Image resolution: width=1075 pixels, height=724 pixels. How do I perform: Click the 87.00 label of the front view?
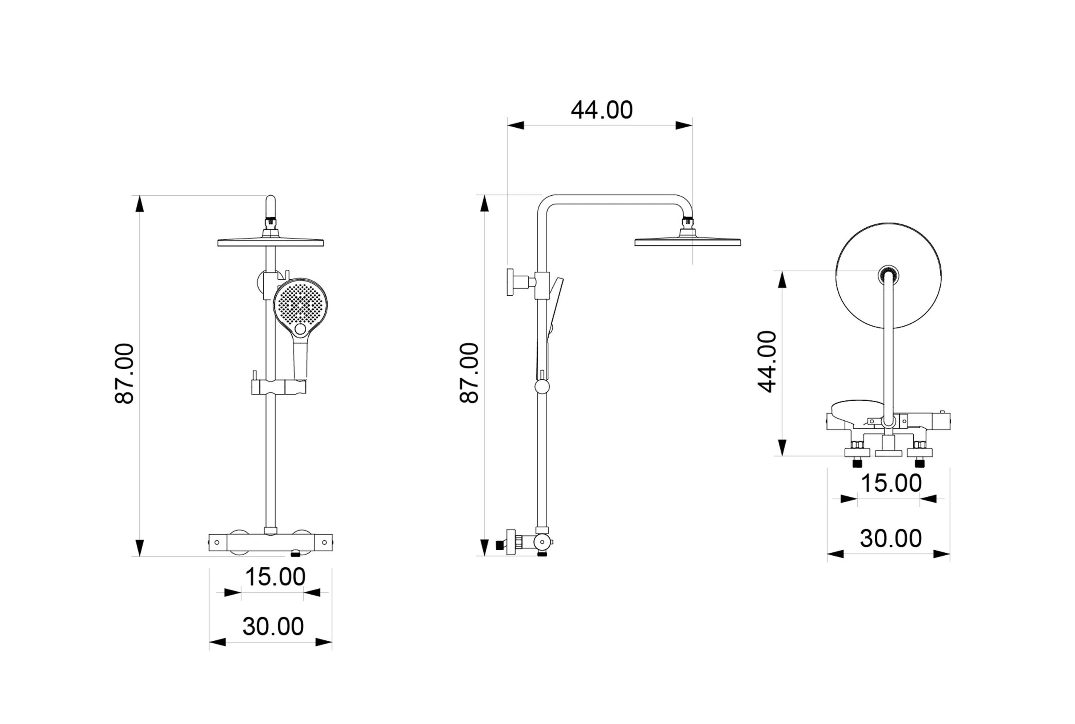coord(124,373)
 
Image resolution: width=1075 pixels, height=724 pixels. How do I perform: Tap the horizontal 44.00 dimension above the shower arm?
coord(602,110)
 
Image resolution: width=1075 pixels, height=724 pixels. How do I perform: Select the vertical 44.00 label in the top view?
coord(767,362)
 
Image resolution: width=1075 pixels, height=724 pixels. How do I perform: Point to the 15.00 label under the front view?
coord(275,577)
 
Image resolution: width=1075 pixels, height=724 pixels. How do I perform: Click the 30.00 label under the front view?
coord(273,626)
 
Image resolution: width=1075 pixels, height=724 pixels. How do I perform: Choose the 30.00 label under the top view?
coord(891,538)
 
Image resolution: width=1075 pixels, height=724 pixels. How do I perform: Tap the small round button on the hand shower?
coord(300,329)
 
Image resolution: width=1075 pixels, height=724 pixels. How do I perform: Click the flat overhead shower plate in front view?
coord(270,242)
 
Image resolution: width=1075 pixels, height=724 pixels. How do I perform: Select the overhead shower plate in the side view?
coord(688,242)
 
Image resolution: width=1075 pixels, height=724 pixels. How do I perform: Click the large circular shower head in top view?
coord(889,276)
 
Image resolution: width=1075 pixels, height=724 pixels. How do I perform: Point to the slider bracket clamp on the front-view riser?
coord(278,386)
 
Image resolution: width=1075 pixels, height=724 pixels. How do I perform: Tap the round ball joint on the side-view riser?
coord(543,387)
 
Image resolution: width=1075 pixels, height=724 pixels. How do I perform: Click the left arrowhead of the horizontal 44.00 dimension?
coord(516,125)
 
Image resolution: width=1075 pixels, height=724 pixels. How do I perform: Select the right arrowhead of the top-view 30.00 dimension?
coord(941,554)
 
